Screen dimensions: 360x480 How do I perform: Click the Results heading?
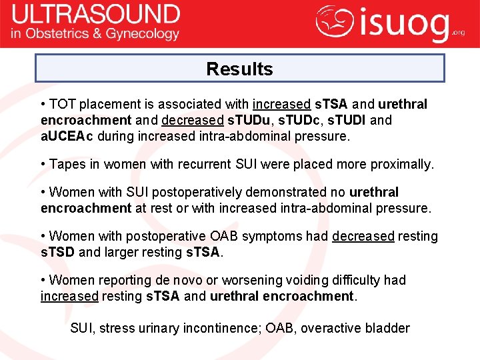pos(239,69)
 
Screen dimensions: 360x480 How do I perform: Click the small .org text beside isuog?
pos(459,31)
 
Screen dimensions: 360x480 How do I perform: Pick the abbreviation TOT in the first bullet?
pos(63,105)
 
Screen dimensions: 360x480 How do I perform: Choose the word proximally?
pos(402,165)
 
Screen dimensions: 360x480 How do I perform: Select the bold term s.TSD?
pos(57,253)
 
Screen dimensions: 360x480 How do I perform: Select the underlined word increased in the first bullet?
pos(281,105)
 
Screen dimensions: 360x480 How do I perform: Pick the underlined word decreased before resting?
pos(363,237)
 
